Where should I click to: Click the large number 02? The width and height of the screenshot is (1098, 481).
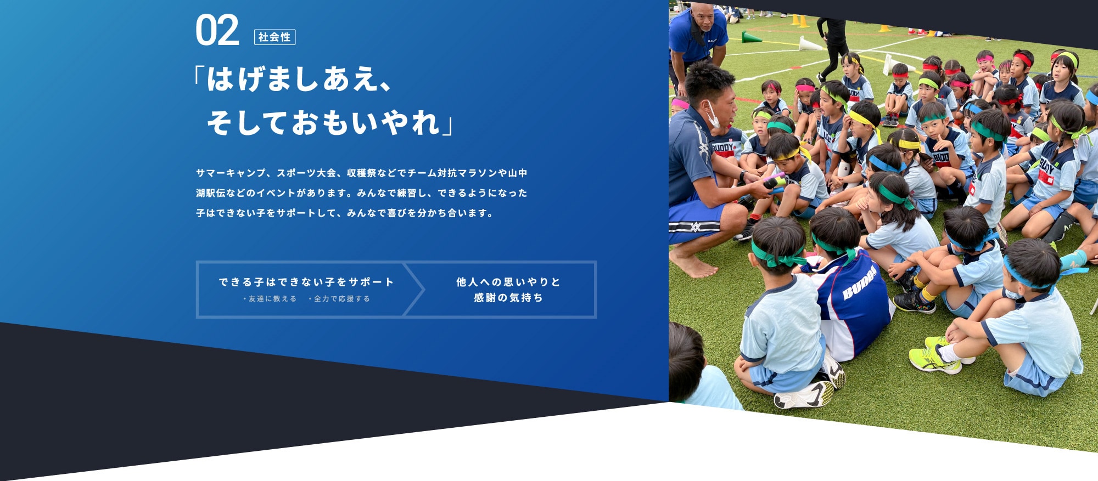(217, 31)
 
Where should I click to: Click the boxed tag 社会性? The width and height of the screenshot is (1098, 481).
(274, 37)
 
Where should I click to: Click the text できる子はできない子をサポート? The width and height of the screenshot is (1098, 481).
(306, 282)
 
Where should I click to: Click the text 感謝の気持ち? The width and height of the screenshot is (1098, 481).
(508, 297)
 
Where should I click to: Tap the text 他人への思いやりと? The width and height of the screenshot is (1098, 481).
(508, 282)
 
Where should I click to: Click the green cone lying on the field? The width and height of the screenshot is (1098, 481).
(752, 37)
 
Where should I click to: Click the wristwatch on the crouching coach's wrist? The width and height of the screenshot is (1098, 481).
(742, 177)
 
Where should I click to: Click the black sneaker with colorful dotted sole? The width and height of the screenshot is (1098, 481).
(914, 302)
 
